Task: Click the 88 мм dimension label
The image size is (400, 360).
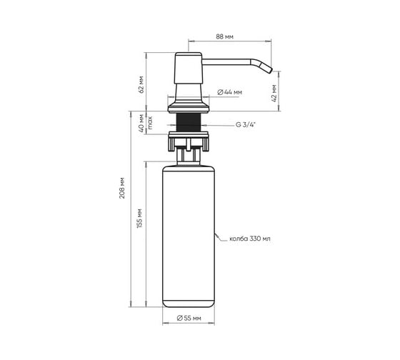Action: coord(224,36)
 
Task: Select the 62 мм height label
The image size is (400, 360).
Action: coord(141,85)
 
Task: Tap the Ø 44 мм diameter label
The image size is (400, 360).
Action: coord(229,92)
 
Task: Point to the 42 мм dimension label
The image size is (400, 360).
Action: coord(274,94)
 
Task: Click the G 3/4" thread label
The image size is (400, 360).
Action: coord(246,125)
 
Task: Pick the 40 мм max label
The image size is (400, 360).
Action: coord(145,123)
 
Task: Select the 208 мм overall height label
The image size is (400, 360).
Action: coord(122,188)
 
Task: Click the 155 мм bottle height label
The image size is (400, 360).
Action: coord(139,219)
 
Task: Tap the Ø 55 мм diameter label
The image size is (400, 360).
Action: coord(189,318)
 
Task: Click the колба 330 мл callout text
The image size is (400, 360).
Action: coord(250,239)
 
